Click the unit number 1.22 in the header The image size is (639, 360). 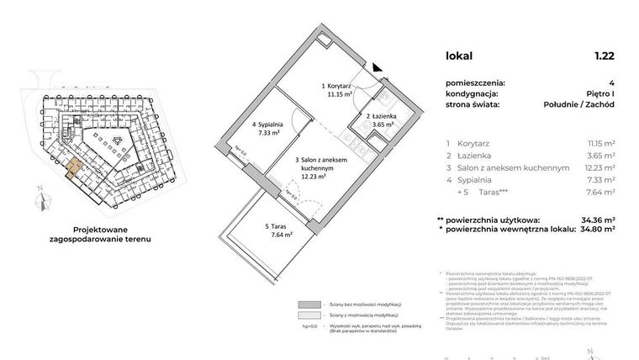pos(604,56)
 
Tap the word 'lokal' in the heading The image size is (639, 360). pos(459,56)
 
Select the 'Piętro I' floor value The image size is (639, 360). pos(596,93)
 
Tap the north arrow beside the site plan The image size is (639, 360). pos(39,199)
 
